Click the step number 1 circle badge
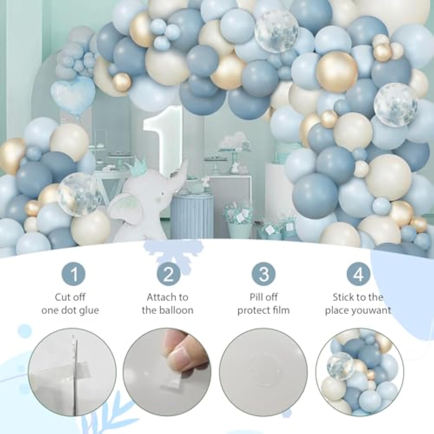point(73,274)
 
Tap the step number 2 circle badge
point(168,274)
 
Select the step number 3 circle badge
point(263,274)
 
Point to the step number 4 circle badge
point(358,274)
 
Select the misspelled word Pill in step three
point(256,297)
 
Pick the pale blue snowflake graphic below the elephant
point(173,253)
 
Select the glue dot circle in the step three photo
point(263,372)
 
